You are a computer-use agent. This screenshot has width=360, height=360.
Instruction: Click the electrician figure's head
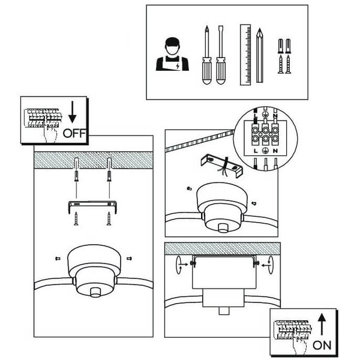[x=172, y=46]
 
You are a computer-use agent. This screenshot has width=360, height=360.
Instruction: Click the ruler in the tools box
[x=245, y=55]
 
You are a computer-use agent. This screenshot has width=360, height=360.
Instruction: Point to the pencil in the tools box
[x=260, y=55]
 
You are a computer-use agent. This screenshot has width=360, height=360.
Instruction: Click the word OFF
[x=74, y=133]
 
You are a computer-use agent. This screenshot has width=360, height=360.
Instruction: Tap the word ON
[x=322, y=346]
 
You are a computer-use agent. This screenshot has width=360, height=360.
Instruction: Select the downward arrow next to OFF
[x=73, y=112]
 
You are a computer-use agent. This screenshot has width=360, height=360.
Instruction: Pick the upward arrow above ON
[x=322, y=324]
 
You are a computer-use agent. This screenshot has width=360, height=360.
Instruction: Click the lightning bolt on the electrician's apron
[x=178, y=66]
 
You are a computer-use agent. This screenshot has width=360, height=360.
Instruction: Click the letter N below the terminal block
[x=275, y=151]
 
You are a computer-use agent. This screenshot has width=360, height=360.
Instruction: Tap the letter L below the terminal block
[x=256, y=151]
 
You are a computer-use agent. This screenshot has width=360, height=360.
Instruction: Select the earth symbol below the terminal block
[x=265, y=151]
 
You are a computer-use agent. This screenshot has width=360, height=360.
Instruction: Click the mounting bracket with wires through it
[x=221, y=165]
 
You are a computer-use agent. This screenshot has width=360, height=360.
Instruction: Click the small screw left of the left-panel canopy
[x=58, y=259]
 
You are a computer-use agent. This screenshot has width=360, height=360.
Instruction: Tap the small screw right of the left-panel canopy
[x=129, y=259]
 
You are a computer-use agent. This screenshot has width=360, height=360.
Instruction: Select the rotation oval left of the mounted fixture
[x=178, y=265]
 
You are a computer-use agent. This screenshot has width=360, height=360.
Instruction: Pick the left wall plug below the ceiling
[x=76, y=176]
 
